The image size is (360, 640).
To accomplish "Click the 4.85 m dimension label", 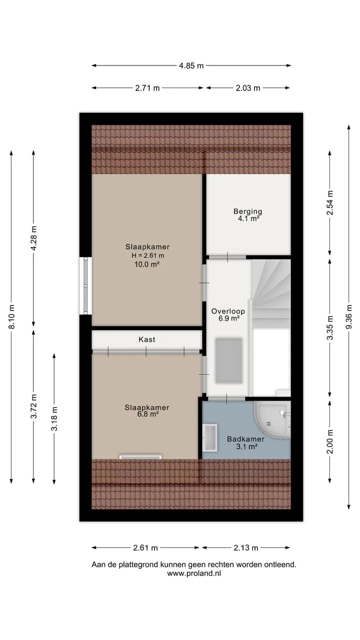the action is click(x=191, y=65).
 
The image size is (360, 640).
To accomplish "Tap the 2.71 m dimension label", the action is click(x=147, y=88).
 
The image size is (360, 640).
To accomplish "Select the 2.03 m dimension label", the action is click(x=248, y=88).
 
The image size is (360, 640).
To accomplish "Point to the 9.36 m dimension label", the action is click(x=349, y=316).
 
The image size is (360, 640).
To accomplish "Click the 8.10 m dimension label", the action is click(x=11, y=316).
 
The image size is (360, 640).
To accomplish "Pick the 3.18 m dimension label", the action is click(x=54, y=418).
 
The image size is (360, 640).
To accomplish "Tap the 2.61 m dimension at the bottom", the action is click(x=145, y=547).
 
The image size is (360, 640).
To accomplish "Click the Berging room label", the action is click(x=247, y=211).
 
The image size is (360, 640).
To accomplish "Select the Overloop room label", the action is click(x=228, y=311).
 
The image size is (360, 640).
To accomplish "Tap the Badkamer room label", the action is click(x=245, y=439).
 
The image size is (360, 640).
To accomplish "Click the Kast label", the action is click(x=147, y=339).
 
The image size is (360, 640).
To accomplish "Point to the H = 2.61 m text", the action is click(x=147, y=255).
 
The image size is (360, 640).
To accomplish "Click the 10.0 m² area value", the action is click(x=147, y=264).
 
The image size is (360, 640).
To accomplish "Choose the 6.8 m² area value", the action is click(x=148, y=414).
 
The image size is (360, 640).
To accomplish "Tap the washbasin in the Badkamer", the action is click(x=209, y=437).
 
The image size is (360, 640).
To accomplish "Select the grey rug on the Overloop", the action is click(x=229, y=360).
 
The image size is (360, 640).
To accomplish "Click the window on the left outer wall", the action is click(x=85, y=285).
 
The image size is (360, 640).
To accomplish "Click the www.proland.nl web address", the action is click(x=194, y=573).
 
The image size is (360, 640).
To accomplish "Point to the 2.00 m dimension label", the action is click(x=330, y=441).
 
